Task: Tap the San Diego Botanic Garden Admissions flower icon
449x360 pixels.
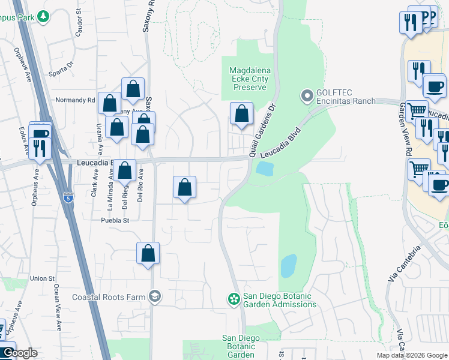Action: (x=234, y=298)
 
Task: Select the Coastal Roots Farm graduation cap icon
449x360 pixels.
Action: (x=155, y=296)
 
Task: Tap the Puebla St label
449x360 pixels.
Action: (x=114, y=220)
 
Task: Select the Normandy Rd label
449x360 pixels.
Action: (x=75, y=100)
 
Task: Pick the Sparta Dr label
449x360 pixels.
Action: (x=61, y=65)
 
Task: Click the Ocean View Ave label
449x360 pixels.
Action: (x=58, y=307)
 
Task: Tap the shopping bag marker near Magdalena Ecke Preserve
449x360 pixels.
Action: (x=241, y=113)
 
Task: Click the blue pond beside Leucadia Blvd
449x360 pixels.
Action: (x=264, y=169)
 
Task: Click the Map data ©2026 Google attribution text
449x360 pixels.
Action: (x=411, y=355)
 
